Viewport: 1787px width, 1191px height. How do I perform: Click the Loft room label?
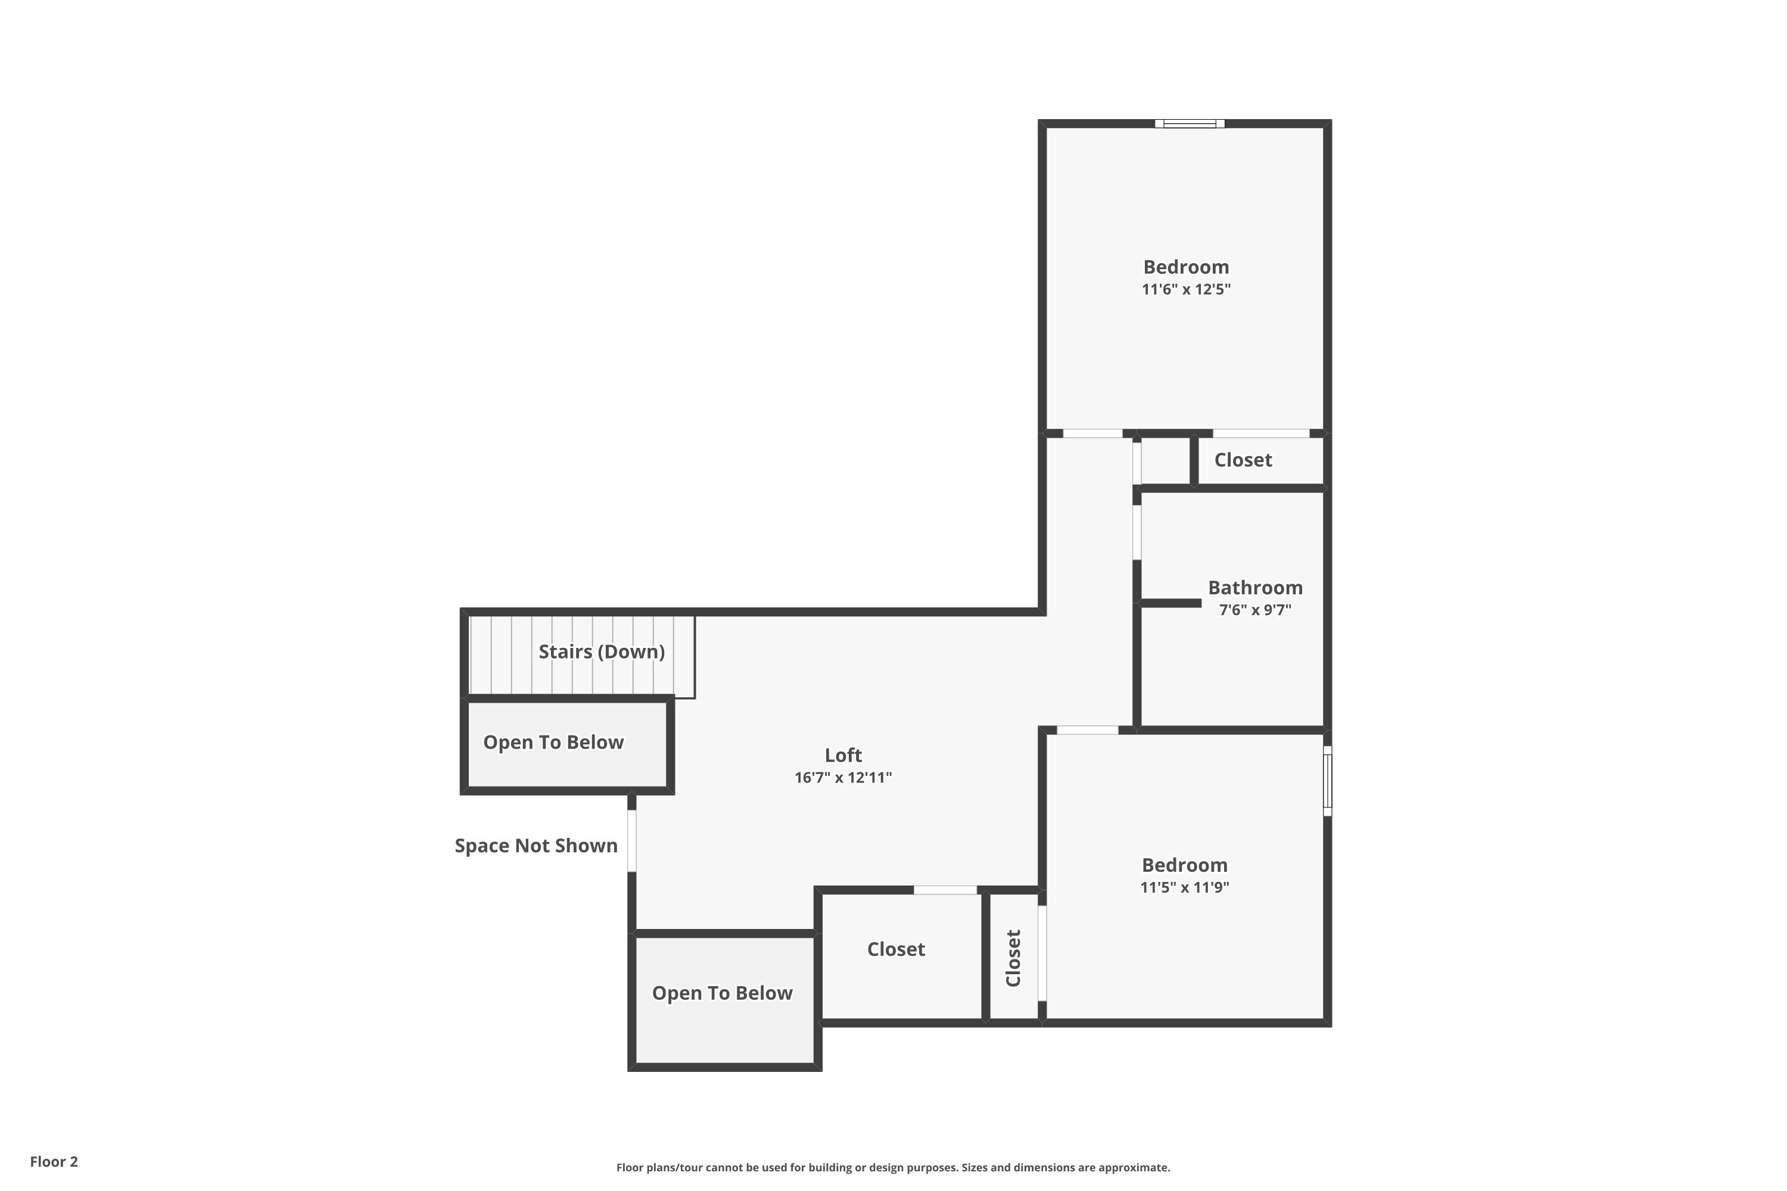tap(843, 755)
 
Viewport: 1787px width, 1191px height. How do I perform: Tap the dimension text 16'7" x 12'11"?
tap(843, 777)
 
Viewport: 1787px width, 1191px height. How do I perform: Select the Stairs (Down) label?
tap(601, 651)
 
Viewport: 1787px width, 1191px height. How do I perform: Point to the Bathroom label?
tap(1254, 587)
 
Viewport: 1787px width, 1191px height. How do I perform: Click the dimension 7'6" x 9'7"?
tap(1254, 609)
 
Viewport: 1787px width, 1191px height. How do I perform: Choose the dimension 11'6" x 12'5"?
tap(1185, 289)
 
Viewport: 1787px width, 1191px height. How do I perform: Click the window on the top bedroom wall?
tap(1189, 124)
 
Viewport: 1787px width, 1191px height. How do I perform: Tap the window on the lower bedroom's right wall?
tap(1327, 781)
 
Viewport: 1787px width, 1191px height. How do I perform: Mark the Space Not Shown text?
tap(536, 846)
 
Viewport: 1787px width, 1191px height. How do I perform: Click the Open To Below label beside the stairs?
tap(553, 742)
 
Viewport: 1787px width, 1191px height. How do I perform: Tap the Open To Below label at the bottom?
tap(722, 993)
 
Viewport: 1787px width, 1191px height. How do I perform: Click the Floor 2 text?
tap(54, 1161)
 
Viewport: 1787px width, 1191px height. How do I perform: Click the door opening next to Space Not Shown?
tap(631, 840)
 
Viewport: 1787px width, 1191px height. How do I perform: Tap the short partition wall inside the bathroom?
tap(1170, 603)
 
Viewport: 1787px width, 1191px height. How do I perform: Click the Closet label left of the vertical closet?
tap(896, 949)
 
